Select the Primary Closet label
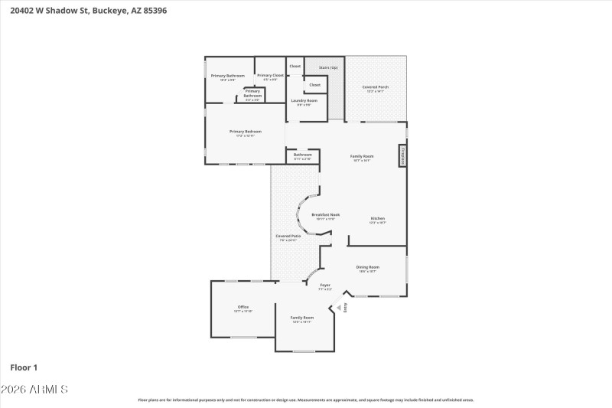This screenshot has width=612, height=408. pos(270,75)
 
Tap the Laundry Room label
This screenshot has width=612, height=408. pos(304,100)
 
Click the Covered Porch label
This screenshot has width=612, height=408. pos(375,87)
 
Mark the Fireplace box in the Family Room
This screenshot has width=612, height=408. pos(402,155)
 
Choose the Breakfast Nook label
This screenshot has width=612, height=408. pos(325,215)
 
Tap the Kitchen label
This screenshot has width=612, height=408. pos(378,218)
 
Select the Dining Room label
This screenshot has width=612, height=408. pos(368,267)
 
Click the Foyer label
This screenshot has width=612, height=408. pos(325,285)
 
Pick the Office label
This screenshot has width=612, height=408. pos(243,307)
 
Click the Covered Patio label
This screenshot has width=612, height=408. pos(288,236)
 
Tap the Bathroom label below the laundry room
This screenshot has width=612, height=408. pos(302,155)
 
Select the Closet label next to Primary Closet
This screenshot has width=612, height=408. pos(295,66)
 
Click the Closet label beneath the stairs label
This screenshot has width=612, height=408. pos(314,85)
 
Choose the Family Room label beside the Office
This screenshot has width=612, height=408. pos(302,318)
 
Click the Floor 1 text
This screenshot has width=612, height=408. pos(24,367)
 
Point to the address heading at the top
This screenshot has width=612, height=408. pos(85,11)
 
